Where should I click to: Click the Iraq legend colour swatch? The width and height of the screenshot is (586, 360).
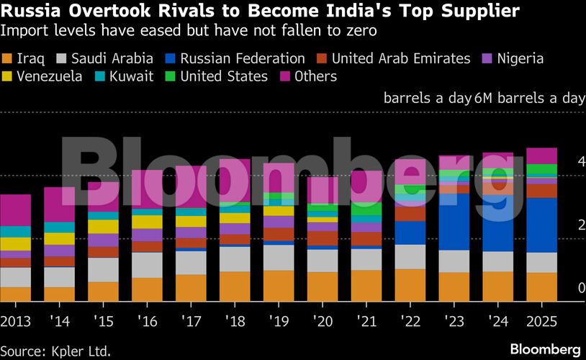[x=7, y=59]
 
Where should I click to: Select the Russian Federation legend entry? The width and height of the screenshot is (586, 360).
[x=235, y=59]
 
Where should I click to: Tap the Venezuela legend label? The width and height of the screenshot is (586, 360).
[x=48, y=76]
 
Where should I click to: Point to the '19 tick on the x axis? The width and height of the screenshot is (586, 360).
[x=278, y=319]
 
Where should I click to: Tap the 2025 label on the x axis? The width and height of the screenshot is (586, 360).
[x=541, y=319]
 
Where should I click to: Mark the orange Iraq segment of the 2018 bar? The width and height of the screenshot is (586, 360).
[x=235, y=287]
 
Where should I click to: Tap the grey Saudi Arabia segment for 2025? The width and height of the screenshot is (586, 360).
[x=541, y=263]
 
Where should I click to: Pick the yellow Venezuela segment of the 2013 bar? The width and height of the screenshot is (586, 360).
[x=16, y=244]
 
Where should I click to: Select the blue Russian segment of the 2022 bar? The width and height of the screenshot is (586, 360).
[x=410, y=233]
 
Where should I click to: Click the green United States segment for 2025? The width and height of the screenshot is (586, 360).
[x=541, y=170]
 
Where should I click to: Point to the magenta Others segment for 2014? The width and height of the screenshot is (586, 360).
[x=59, y=204]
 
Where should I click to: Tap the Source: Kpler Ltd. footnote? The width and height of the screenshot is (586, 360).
[x=55, y=351]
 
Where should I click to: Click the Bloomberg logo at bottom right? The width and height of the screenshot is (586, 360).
[x=545, y=349]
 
